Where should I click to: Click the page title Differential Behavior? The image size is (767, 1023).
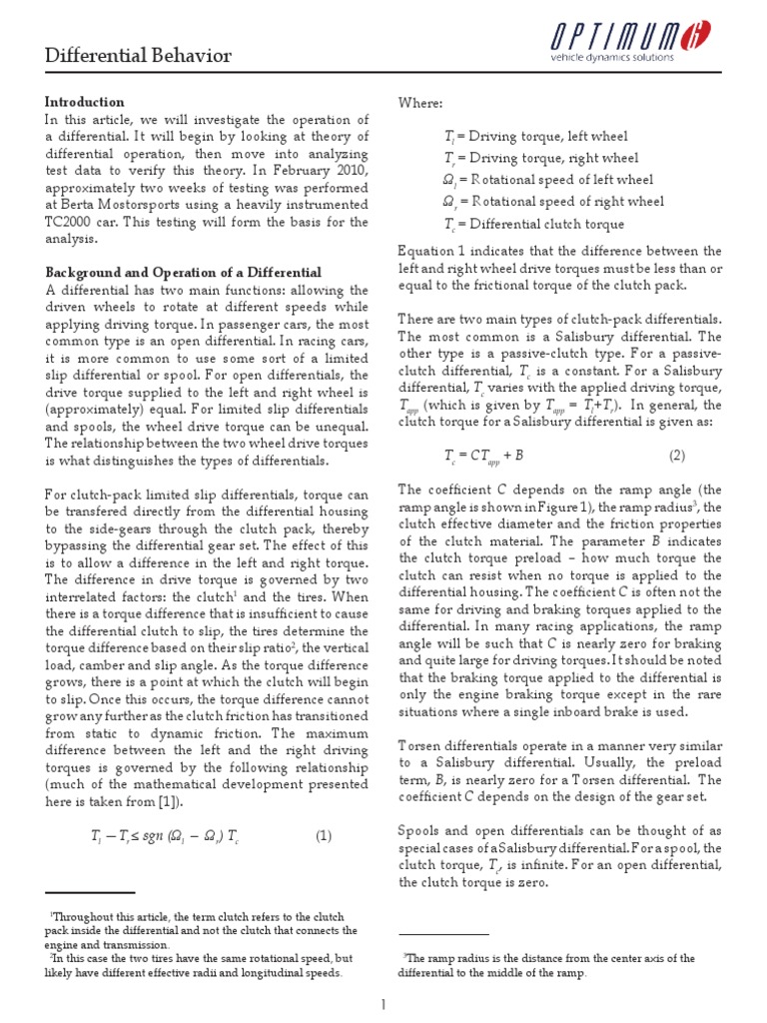point(138,55)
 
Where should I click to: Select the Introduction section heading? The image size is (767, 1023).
point(85,102)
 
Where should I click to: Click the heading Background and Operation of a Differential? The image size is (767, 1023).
point(183,273)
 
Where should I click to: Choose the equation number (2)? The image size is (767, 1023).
point(677,455)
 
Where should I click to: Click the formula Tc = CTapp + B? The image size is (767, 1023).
point(484,455)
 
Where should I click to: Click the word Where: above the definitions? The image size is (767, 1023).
point(421,102)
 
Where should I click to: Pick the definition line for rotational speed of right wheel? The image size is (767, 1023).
point(553,202)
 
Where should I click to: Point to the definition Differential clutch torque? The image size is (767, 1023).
point(534,225)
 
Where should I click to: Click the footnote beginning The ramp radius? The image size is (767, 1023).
point(548,965)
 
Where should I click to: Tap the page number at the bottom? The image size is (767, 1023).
point(383,1004)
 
